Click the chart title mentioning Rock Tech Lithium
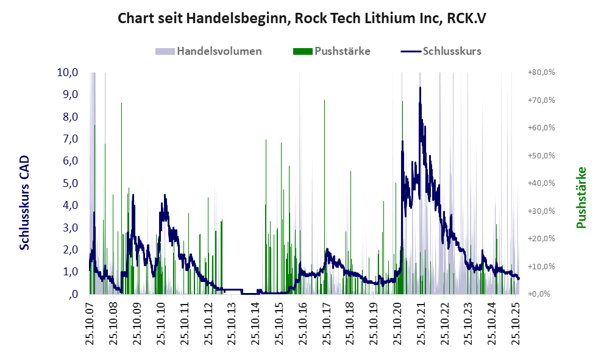click(302, 19)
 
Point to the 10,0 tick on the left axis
click(68, 72)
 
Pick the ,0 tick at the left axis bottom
click(73, 294)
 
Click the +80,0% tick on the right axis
click(541, 72)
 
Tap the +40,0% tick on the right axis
click(541, 183)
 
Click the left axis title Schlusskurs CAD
click(24, 203)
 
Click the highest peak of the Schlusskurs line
click(420, 88)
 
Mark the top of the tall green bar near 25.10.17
click(324, 101)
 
